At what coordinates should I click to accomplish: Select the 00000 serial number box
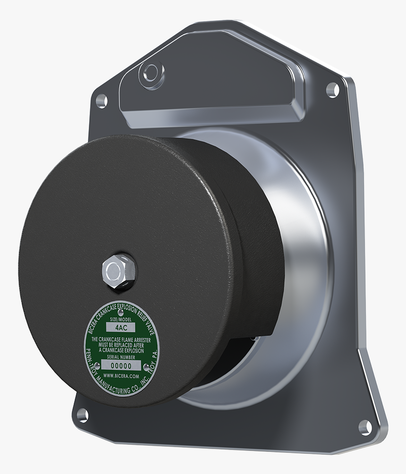click(x=121, y=365)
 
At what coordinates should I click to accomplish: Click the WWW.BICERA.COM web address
click(x=121, y=376)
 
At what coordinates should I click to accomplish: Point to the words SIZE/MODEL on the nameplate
click(x=121, y=320)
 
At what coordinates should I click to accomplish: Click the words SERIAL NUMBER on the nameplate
click(x=121, y=357)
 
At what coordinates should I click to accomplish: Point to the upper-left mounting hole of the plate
click(x=101, y=100)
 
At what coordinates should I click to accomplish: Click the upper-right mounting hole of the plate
click(x=332, y=89)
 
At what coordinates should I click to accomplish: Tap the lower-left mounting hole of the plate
click(x=83, y=415)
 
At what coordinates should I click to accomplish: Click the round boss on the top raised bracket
click(x=151, y=72)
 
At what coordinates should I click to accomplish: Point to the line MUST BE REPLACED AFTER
click(x=121, y=345)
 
